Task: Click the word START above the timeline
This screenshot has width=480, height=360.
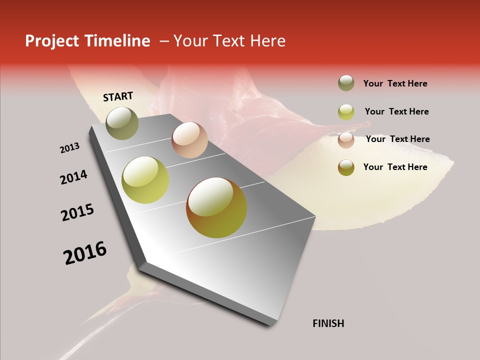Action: pos(118,96)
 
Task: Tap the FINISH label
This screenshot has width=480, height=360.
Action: pos(328,323)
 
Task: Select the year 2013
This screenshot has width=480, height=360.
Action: pos(69,148)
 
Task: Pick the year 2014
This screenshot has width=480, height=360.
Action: pos(73,177)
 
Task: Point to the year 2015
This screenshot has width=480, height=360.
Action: pos(77,212)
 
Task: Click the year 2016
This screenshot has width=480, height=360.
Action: pos(85,253)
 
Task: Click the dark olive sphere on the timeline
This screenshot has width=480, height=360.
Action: pos(122,123)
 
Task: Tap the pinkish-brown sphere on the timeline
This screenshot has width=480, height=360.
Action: pos(189,140)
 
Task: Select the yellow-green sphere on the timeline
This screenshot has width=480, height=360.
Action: pos(145,180)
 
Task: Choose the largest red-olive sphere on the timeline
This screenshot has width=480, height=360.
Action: pos(216,207)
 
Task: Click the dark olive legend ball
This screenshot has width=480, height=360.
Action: pos(346,83)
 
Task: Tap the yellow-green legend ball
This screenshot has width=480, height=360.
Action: pos(346,112)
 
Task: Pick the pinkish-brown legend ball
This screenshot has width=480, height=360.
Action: pos(346,140)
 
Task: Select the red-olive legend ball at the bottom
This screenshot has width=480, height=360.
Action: pos(346,167)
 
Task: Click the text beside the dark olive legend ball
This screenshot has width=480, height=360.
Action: pos(395,83)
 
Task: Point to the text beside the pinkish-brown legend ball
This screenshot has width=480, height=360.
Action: pos(397,139)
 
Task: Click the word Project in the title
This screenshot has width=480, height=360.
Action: pos(52,41)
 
